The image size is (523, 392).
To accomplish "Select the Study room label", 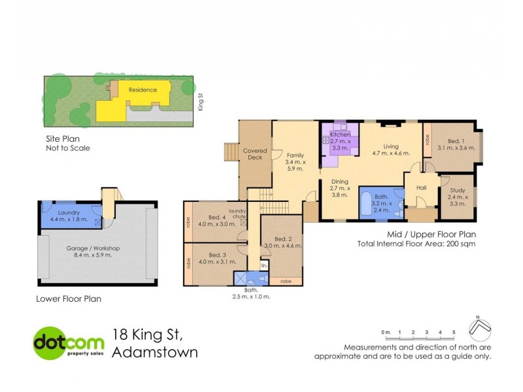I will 456,189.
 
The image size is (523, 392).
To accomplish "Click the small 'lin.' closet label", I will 264,266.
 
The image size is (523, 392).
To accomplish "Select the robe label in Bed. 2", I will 285,282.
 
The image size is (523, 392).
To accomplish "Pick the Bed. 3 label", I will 217,255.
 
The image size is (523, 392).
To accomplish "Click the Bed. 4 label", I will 217,218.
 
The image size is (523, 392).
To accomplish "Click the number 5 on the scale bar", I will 454,333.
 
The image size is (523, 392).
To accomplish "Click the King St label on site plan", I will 201,102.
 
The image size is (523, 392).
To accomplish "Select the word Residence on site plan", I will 142,90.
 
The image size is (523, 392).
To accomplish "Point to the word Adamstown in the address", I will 155,353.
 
